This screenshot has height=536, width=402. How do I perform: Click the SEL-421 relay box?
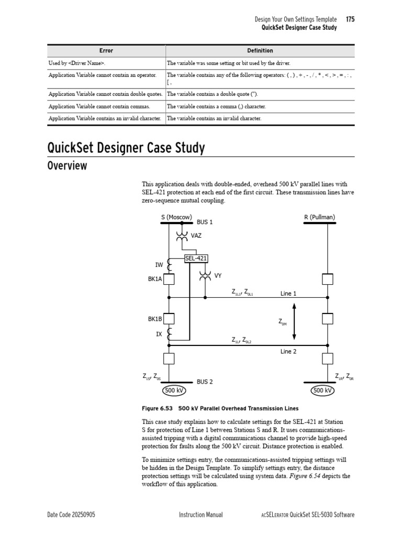[196, 258]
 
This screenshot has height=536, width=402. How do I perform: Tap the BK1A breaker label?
[155, 280]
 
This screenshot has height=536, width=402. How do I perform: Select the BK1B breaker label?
[155, 318]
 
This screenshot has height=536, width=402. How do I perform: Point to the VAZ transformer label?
[196, 236]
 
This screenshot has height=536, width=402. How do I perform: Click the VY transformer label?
[218, 275]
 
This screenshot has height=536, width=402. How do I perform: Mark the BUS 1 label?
[205, 222]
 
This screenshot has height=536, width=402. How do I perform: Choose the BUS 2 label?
[205, 382]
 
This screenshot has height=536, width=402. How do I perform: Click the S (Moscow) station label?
[176, 217]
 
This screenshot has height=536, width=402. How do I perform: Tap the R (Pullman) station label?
[319, 217]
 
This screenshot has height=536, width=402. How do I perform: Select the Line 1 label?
[288, 294]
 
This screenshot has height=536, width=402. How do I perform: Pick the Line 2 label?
[288, 351]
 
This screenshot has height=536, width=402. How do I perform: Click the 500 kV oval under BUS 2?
[173, 390]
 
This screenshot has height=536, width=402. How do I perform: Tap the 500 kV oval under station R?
[322, 390]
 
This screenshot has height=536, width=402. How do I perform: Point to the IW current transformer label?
[159, 265]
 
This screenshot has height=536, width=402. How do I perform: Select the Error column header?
[106, 51]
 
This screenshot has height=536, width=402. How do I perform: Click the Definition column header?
[260, 51]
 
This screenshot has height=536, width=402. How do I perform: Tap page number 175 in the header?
[350, 19]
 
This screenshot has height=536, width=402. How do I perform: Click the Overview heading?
[67, 166]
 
